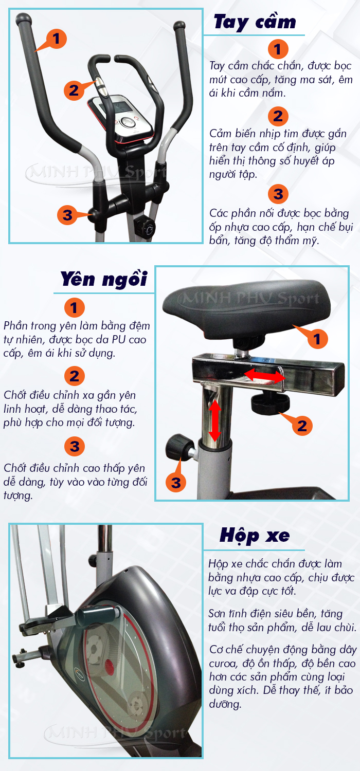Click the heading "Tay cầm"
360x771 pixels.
[x=255, y=22]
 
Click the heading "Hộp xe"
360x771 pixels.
[x=255, y=536]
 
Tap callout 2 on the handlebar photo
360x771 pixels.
[x=75, y=90]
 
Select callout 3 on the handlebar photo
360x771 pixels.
[x=67, y=214]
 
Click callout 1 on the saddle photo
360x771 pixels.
[x=317, y=339]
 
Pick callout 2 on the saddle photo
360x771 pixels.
[x=302, y=425]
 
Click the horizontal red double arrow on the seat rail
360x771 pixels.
[x=264, y=376]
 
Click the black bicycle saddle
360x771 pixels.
[x=247, y=308]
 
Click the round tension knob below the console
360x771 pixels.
[x=146, y=227]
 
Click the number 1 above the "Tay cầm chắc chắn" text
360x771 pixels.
[x=278, y=50]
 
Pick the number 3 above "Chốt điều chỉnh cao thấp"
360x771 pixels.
[x=75, y=446]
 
